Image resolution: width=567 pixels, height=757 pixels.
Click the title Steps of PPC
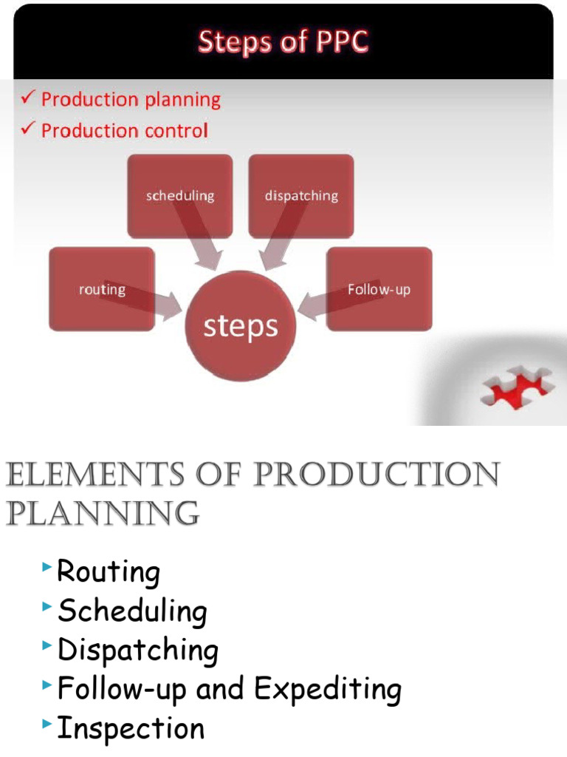283,41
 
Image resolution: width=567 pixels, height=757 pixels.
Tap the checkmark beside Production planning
28,98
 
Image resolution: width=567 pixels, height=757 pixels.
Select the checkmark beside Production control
28,129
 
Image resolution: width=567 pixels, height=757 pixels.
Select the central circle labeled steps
241,326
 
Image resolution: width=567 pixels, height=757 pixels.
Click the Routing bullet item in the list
109,572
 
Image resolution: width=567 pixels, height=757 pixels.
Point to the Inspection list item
131,728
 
